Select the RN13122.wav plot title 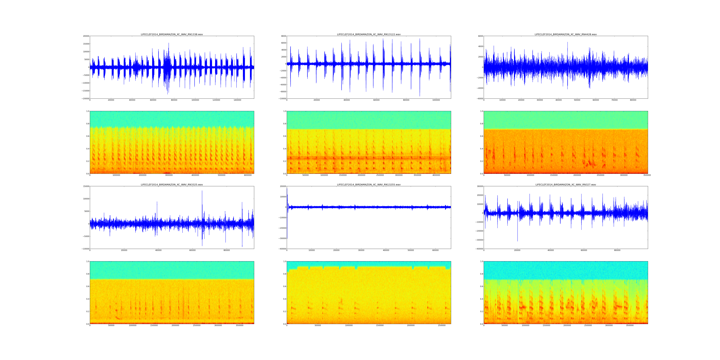(x=369, y=34)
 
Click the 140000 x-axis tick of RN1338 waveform (x=237, y=100)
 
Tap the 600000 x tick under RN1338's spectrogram (x=248, y=175)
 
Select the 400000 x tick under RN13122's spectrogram (x=436, y=175)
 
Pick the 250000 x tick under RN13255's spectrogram (x=442, y=325)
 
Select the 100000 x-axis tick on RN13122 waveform (x=436, y=100)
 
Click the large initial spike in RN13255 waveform (x=287, y=190)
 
